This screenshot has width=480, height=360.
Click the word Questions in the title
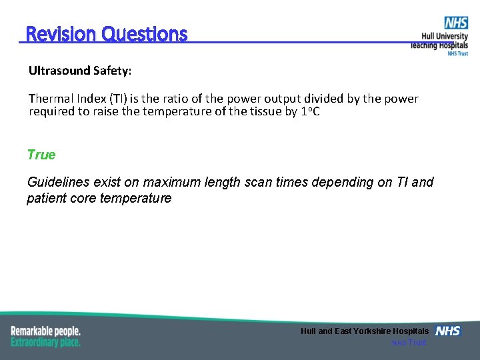[x=145, y=34]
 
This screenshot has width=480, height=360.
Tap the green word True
[x=41, y=155]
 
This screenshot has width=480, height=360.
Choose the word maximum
[x=171, y=182]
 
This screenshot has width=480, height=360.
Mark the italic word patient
[x=46, y=198]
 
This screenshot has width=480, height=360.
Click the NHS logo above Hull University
[x=456, y=23]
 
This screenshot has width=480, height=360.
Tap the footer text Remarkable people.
[x=45, y=331]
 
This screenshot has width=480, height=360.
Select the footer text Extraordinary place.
[x=45, y=342]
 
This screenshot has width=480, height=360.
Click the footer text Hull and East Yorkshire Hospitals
[x=365, y=331]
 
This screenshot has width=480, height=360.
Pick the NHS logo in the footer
[x=448, y=331]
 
